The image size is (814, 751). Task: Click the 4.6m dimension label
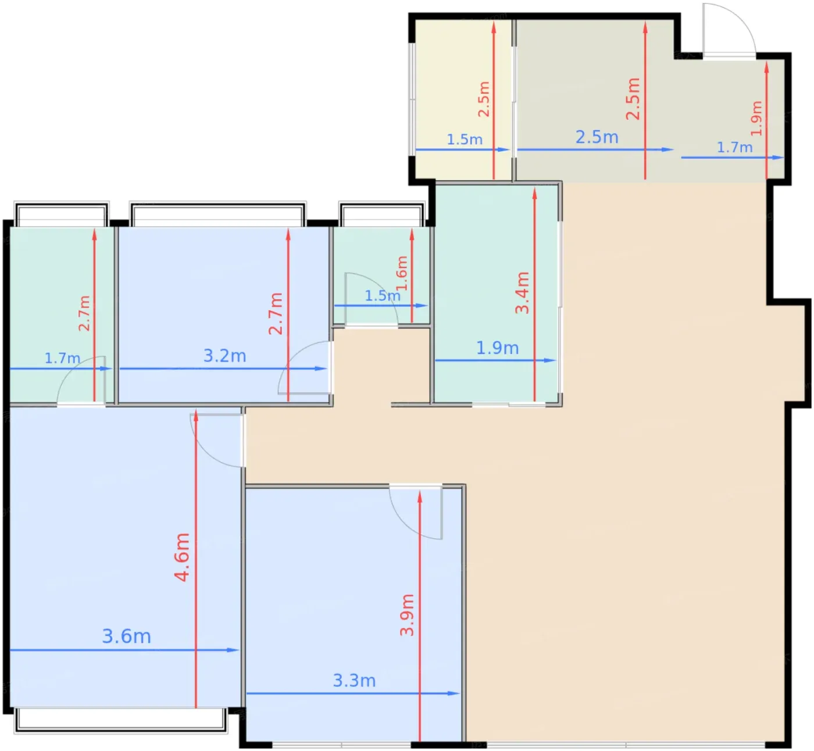pyautogui.click(x=182, y=557)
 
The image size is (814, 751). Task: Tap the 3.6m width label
pyautogui.click(x=126, y=636)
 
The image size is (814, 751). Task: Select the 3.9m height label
pyautogui.click(x=407, y=615)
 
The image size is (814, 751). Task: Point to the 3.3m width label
pyautogui.click(x=354, y=681)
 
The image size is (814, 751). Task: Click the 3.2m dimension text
pyautogui.click(x=224, y=356)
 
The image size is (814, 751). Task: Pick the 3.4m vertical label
pyautogui.click(x=522, y=293)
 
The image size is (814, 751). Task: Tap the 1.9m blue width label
pyautogui.click(x=497, y=348)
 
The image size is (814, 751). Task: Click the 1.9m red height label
pyautogui.click(x=756, y=118)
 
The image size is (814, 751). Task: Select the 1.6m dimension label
pyautogui.click(x=402, y=273)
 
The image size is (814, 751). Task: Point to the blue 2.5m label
pyautogui.click(x=597, y=137)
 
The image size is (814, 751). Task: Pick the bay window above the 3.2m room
pyautogui.click(x=217, y=213)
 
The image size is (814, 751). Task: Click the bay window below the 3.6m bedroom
pyautogui.click(x=120, y=721)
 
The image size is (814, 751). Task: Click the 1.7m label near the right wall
pyautogui.click(x=734, y=147)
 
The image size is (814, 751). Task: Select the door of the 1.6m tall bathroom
pyautogui.click(x=371, y=300)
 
